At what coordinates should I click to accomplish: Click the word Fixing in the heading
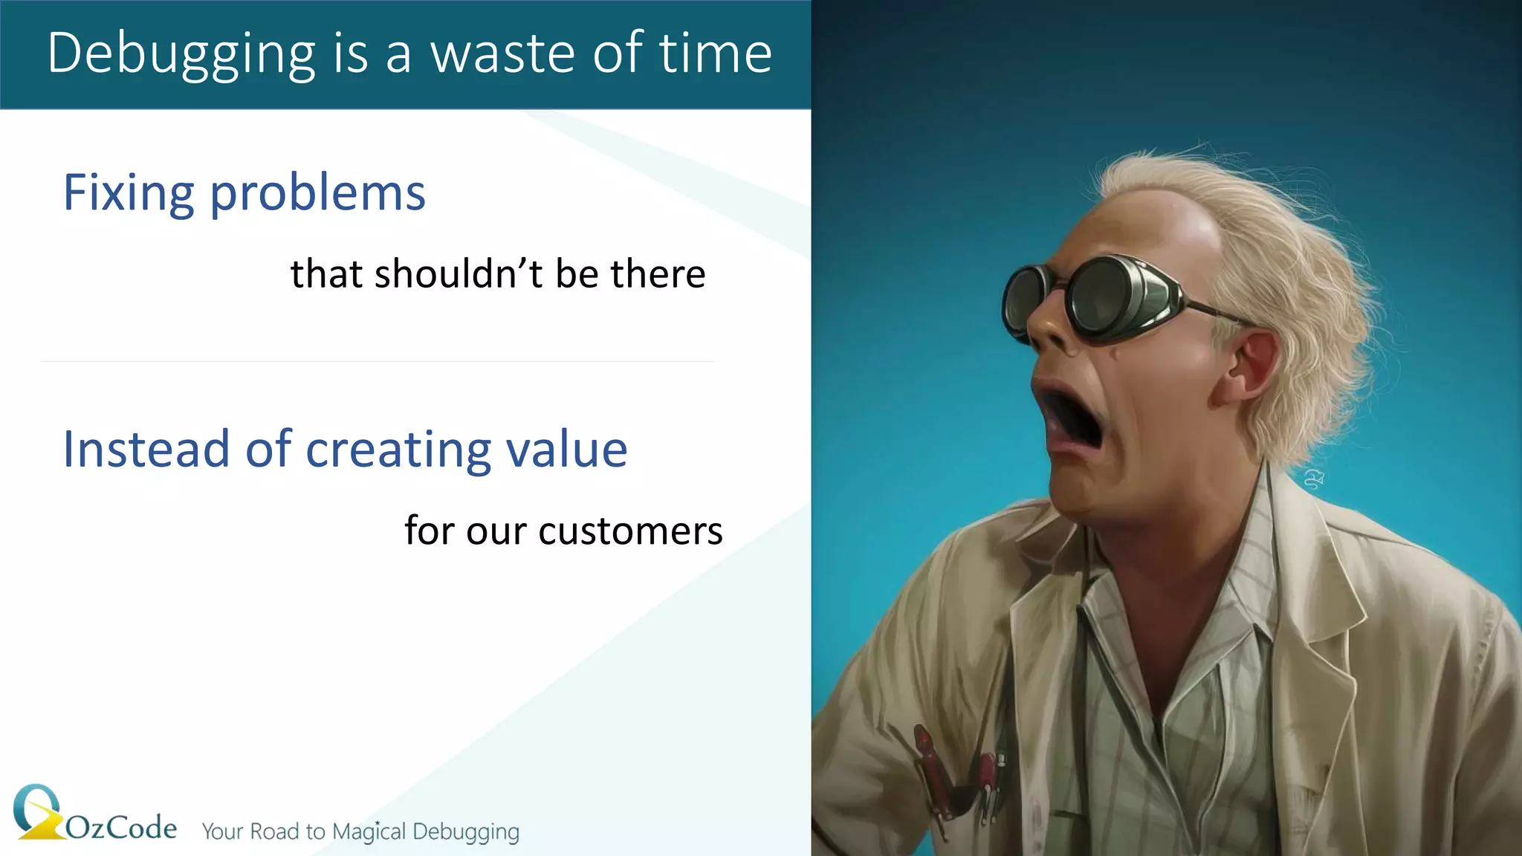click(128, 193)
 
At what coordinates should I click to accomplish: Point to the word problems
click(318, 193)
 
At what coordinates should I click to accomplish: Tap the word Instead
click(146, 449)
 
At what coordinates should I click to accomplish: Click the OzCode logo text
click(121, 828)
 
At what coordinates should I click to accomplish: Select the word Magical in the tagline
click(369, 831)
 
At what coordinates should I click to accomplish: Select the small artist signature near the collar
click(1314, 479)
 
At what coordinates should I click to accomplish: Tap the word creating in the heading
click(397, 449)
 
